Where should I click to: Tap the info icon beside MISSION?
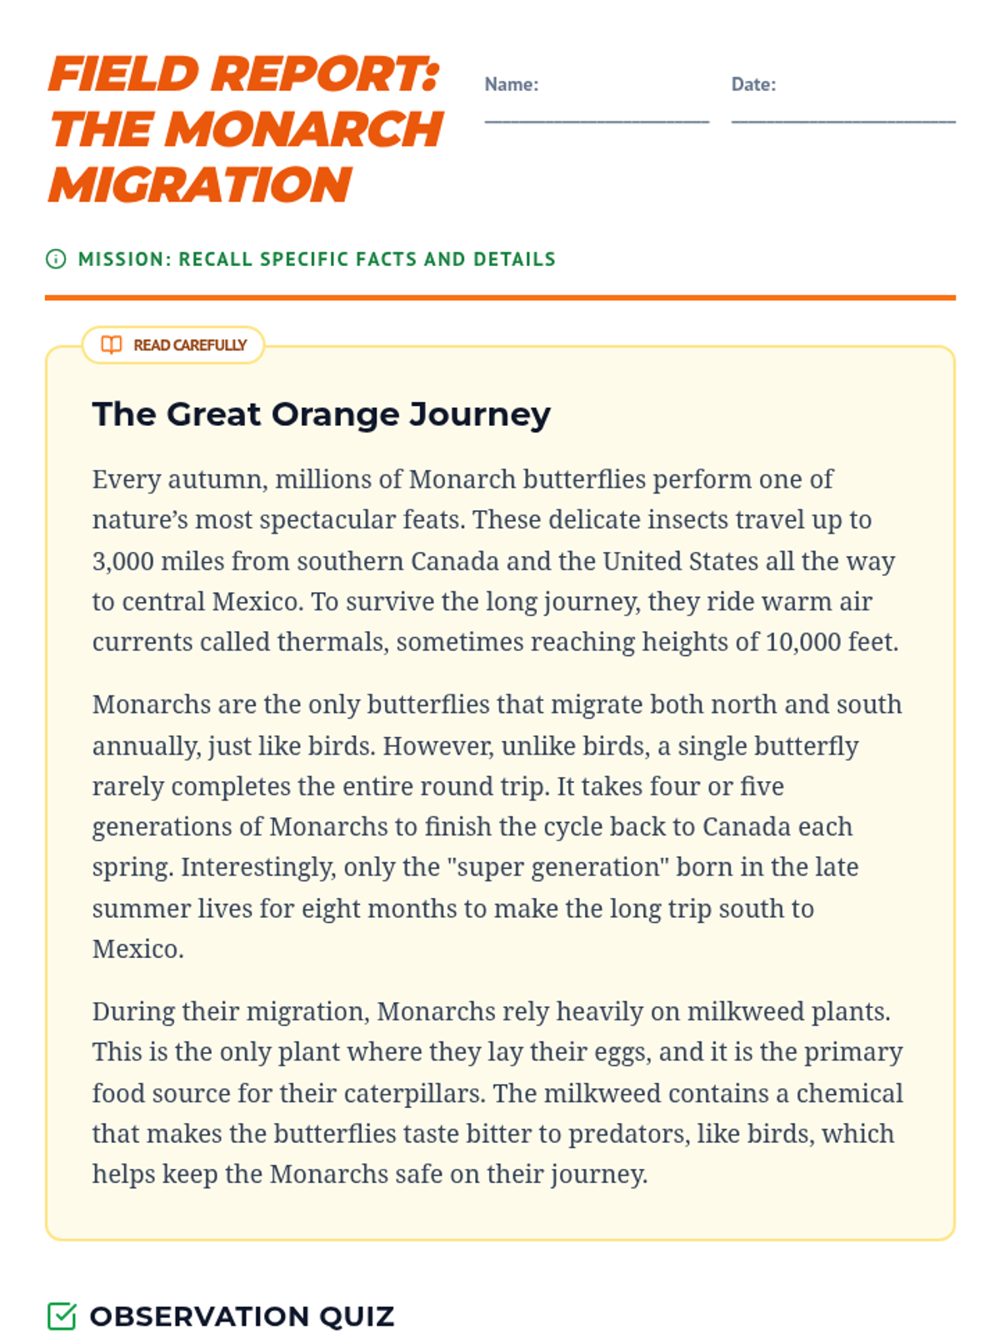pyautogui.click(x=56, y=259)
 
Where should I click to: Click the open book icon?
pyautogui.click(x=112, y=345)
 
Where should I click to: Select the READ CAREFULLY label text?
pyautogui.click(x=190, y=345)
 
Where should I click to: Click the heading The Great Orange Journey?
pyautogui.click(x=322, y=414)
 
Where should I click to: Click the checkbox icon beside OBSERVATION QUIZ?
pyautogui.click(x=62, y=1316)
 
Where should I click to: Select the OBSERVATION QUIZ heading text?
pyautogui.click(x=242, y=1316)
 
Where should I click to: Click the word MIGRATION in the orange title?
pyautogui.click(x=200, y=184)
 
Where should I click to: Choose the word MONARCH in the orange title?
pyautogui.click(x=305, y=129)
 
